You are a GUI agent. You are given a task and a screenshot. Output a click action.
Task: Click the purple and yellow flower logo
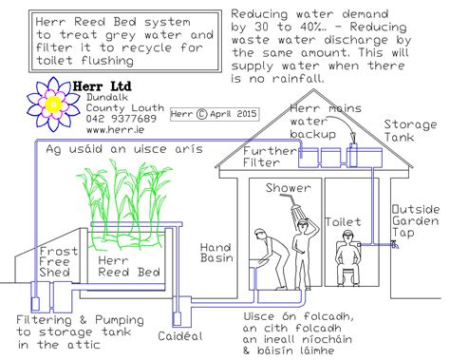(x=47, y=103)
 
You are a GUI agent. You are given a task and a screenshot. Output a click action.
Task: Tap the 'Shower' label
(x=288, y=188)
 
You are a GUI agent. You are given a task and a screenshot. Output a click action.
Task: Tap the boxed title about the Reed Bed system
(x=113, y=39)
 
